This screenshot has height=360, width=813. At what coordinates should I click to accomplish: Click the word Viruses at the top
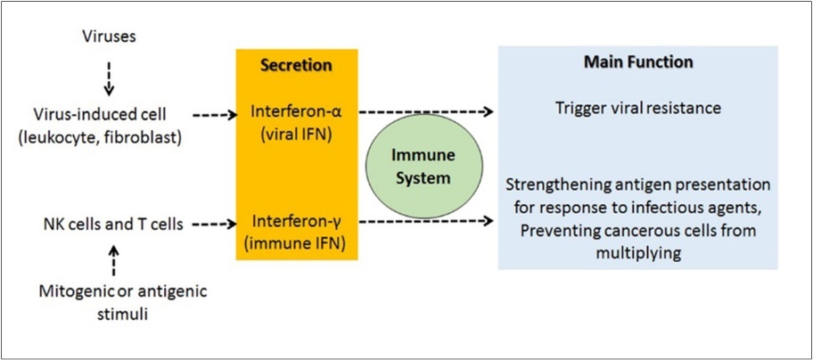pyautogui.click(x=109, y=37)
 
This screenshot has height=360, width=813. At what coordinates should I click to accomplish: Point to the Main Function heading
pyautogui.click(x=637, y=63)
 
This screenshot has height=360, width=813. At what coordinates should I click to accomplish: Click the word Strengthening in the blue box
pyautogui.click(x=550, y=185)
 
